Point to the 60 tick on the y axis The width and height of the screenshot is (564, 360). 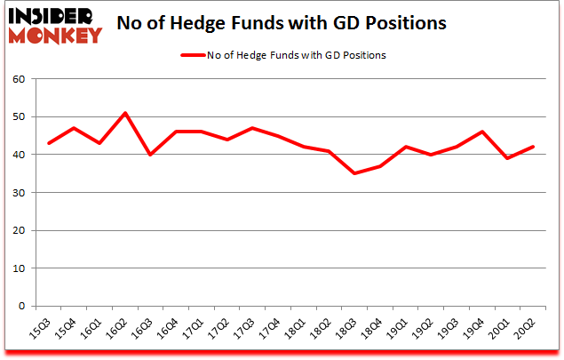(20, 79)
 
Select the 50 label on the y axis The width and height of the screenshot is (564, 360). (20, 117)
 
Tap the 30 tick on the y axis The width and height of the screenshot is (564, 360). (20, 193)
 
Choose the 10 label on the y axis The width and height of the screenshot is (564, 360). (20, 268)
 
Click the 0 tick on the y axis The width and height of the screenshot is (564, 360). (23, 307)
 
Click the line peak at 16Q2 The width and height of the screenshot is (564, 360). (125, 113)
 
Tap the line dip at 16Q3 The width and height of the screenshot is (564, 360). (151, 155)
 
